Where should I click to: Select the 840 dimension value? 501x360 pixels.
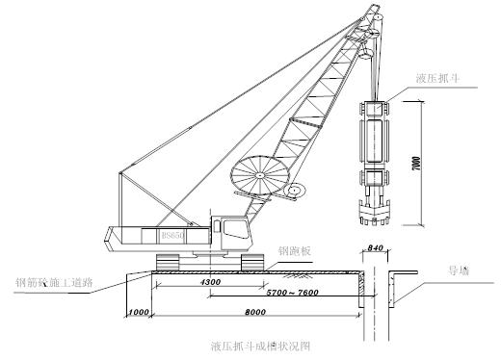[x=377, y=248]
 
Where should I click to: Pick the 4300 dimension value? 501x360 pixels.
[x=212, y=282]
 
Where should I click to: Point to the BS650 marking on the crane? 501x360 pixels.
[x=173, y=235]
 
